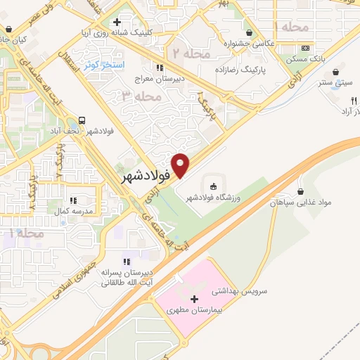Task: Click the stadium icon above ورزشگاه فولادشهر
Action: coord(212,186)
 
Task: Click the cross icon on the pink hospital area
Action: coord(194,299)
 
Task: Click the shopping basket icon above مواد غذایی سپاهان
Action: coord(301,191)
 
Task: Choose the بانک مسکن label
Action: coord(304,60)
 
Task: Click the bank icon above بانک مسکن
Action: coord(304,48)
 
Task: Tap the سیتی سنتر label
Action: coord(336,83)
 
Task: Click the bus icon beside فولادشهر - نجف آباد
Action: coord(83,120)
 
